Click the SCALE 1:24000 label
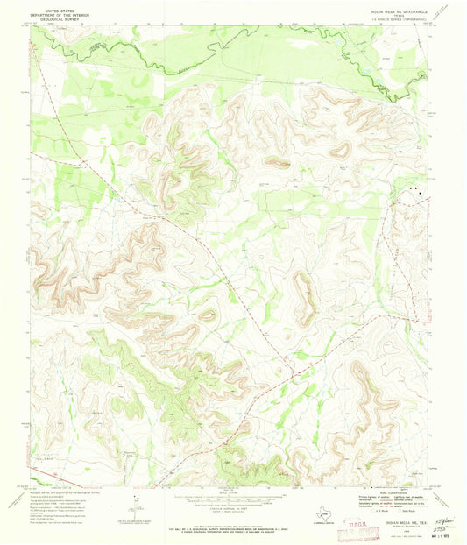pos(233,492)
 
